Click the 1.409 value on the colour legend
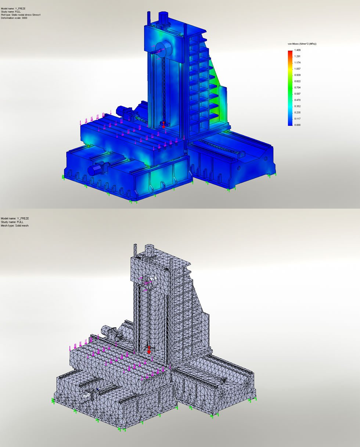pyautogui.click(x=297, y=50)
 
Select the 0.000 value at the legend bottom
pyautogui.click(x=297, y=125)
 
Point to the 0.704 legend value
pyautogui.click(x=297, y=87)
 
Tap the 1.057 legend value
pyautogui.click(x=297, y=69)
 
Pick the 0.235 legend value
pyautogui.click(x=297, y=113)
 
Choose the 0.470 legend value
pyautogui.click(x=297, y=100)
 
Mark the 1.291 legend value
pyautogui.click(x=297, y=56)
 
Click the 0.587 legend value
pyautogui.click(x=297, y=94)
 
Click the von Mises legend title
pyautogui.click(x=302, y=44)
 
